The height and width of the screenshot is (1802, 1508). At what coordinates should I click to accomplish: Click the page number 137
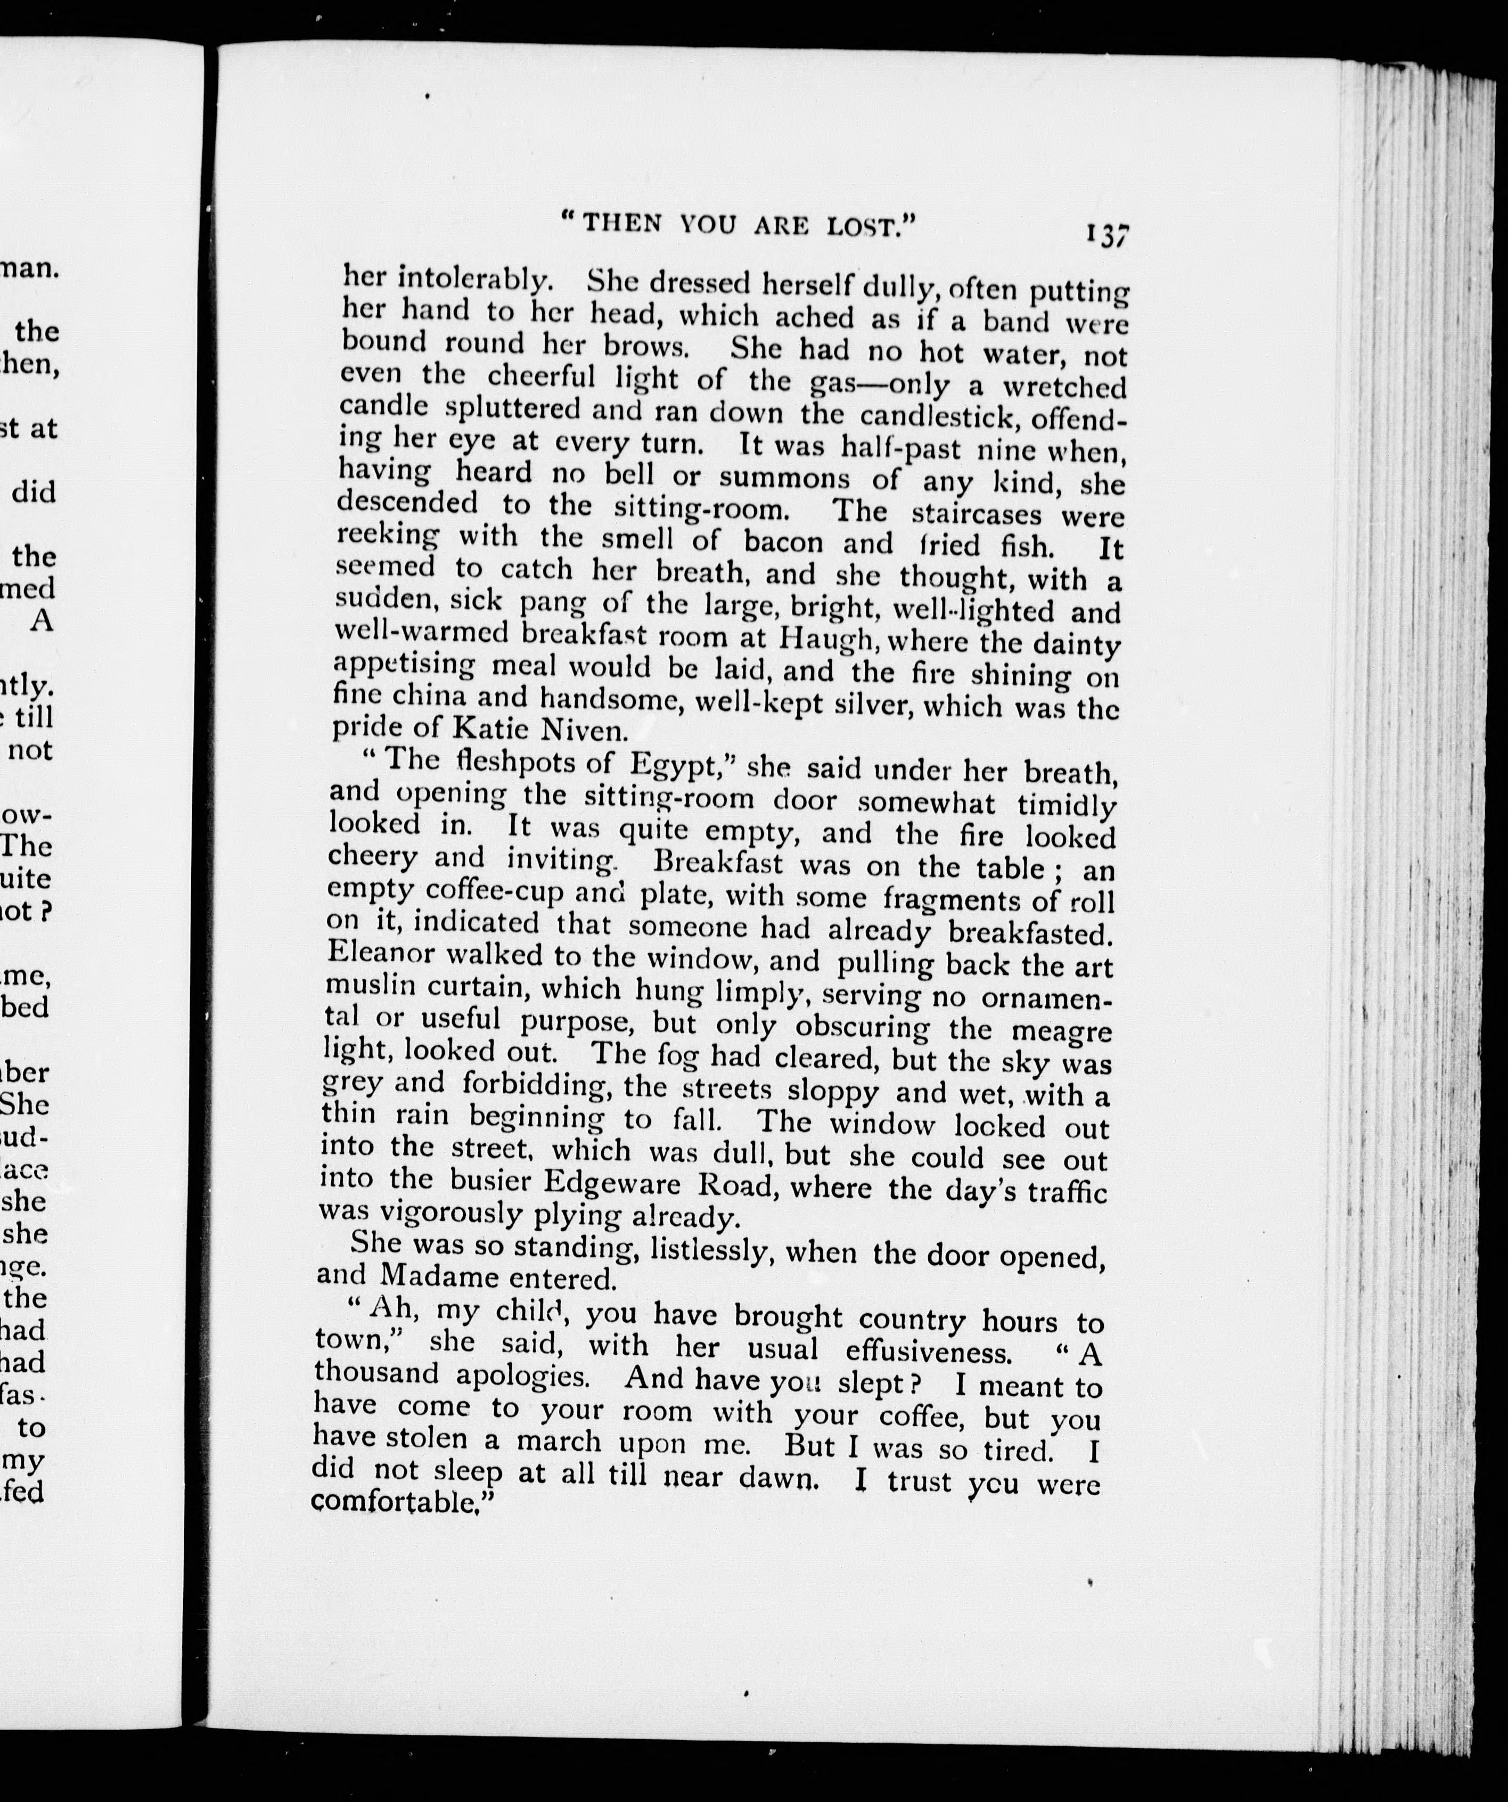tap(1107, 234)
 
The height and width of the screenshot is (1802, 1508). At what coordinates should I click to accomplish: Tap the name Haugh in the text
tap(827, 640)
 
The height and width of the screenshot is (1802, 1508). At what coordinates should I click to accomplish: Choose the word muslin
tap(371, 986)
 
